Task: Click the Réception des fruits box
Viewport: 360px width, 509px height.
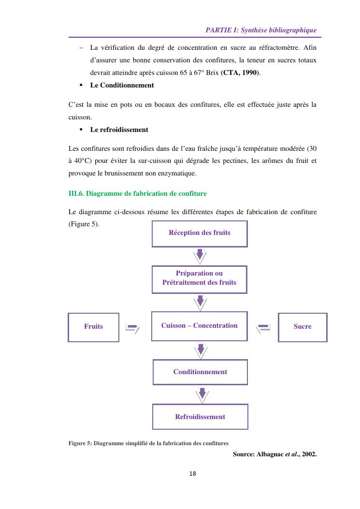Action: [200, 233]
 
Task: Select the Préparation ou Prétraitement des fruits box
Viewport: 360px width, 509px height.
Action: [200, 278]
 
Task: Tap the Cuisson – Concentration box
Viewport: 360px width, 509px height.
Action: [200, 326]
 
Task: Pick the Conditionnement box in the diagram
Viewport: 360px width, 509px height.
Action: [200, 372]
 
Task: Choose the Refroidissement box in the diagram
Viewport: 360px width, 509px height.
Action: [200, 417]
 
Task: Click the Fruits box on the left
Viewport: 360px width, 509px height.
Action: [94, 327]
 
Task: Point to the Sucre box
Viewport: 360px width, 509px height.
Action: [302, 327]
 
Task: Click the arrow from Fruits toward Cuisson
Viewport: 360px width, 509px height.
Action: [132, 328]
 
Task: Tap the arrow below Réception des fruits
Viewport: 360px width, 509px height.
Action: [200, 256]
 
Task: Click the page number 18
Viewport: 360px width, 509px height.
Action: [193, 474]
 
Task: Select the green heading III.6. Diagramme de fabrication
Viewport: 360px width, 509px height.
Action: [138, 194]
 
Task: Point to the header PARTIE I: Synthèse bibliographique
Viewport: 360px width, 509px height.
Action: [261, 30]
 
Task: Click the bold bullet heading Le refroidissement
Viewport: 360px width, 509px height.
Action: [119, 130]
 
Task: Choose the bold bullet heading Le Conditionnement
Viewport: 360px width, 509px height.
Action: [122, 86]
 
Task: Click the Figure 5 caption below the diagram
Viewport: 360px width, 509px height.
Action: [148, 443]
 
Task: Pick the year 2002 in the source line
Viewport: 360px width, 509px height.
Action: [308, 454]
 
